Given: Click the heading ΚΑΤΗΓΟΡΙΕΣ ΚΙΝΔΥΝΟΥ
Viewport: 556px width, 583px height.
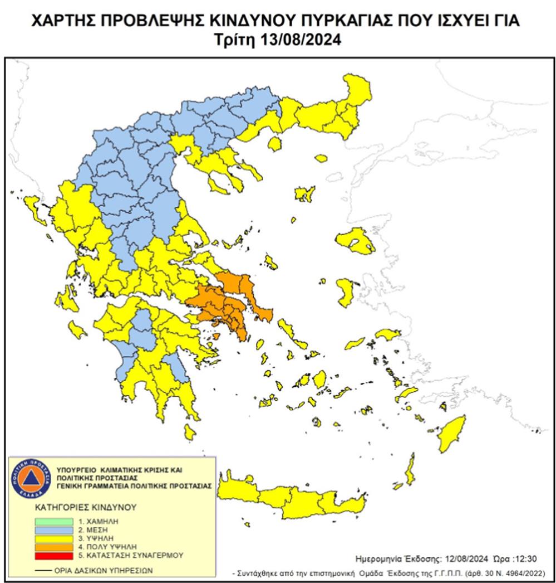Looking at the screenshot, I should tap(78, 508).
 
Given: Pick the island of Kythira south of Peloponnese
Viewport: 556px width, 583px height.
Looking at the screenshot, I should tap(190, 431).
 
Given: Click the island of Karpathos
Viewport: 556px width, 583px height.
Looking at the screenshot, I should tap(410, 469).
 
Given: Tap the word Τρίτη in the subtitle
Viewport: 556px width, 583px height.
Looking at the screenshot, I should tap(238, 40).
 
